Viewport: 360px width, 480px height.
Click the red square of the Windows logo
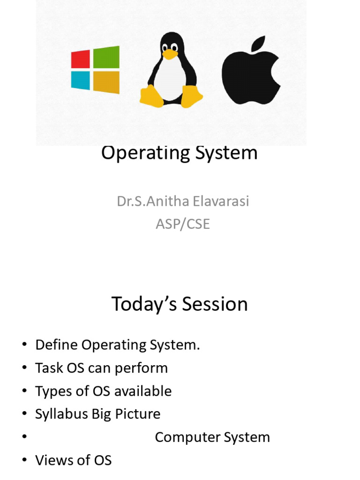[81, 59]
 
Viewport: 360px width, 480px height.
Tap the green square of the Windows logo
[106, 57]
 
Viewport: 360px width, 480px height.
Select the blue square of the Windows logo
[81, 81]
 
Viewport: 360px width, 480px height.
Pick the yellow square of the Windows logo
[106, 82]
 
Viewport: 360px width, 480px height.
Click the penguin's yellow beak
[170, 54]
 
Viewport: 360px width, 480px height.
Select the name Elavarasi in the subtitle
[221, 202]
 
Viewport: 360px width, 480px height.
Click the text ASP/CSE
[183, 224]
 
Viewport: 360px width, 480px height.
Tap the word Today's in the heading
[144, 305]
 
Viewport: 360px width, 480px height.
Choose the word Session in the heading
[215, 304]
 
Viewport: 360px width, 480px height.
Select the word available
[142, 391]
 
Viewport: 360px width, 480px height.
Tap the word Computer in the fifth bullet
[187, 438]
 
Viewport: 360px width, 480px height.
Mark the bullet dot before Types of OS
[24, 391]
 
